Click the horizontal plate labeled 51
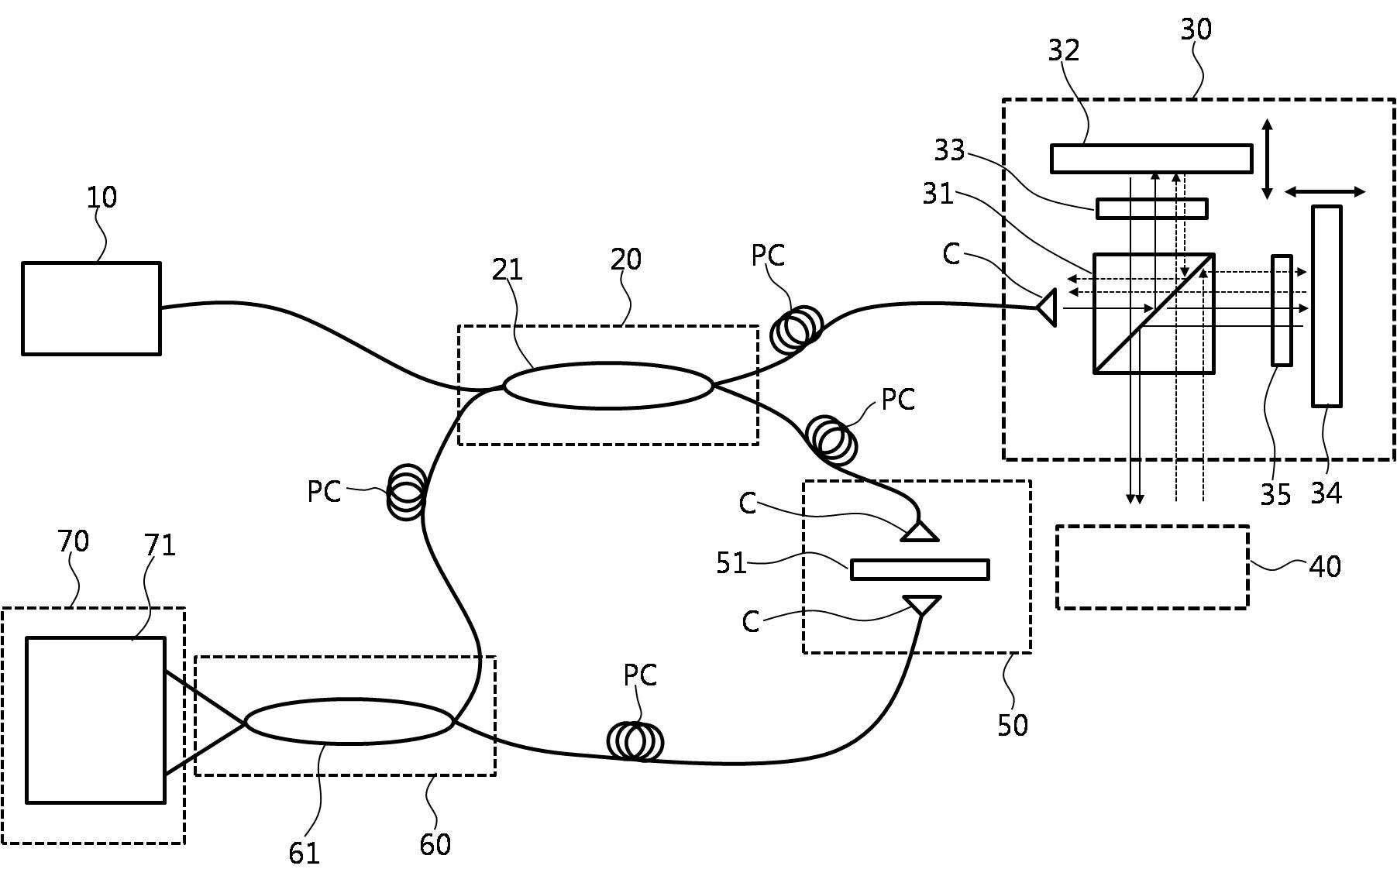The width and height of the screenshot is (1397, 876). click(x=920, y=569)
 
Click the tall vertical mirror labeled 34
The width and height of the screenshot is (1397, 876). click(x=1326, y=306)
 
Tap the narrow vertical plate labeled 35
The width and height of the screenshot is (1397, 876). click(x=1282, y=310)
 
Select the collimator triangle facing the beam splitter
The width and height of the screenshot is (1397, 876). click(x=1046, y=307)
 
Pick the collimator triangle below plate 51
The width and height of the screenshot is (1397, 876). click(x=921, y=605)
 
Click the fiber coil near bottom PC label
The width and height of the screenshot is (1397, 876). click(x=635, y=741)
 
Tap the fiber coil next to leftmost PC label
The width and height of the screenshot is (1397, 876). click(x=407, y=492)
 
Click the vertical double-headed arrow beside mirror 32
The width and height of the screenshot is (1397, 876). click(x=1267, y=159)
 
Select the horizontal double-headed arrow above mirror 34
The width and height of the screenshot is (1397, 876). click(x=1325, y=191)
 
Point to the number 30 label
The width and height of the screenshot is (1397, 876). click(x=1196, y=29)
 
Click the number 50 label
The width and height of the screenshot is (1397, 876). click(x=1013, y=725)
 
